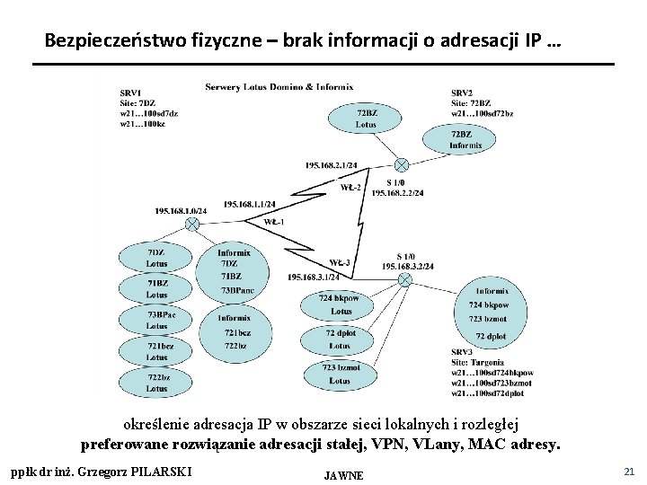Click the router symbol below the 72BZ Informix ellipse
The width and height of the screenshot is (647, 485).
[x=402, y=164]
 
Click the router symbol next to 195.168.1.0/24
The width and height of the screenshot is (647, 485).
[x=191, y=224]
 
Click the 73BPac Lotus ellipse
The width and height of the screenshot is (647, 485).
[x=156, y=321]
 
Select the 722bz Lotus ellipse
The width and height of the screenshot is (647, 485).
[x=156, y=383]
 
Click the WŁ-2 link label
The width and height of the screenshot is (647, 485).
[x=351, y=188]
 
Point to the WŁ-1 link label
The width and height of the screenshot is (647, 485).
[x=274, y=221]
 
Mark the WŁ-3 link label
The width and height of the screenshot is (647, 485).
[x=339, y=262]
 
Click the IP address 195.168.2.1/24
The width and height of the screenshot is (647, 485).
[x=332, y=165]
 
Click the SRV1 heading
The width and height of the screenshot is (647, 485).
[x=130, y=93]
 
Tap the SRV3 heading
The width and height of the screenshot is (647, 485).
[x=462, y=351]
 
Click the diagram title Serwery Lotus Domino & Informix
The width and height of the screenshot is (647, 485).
[x=279, y=87]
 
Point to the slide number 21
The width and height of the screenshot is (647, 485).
[x=628, y=471]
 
